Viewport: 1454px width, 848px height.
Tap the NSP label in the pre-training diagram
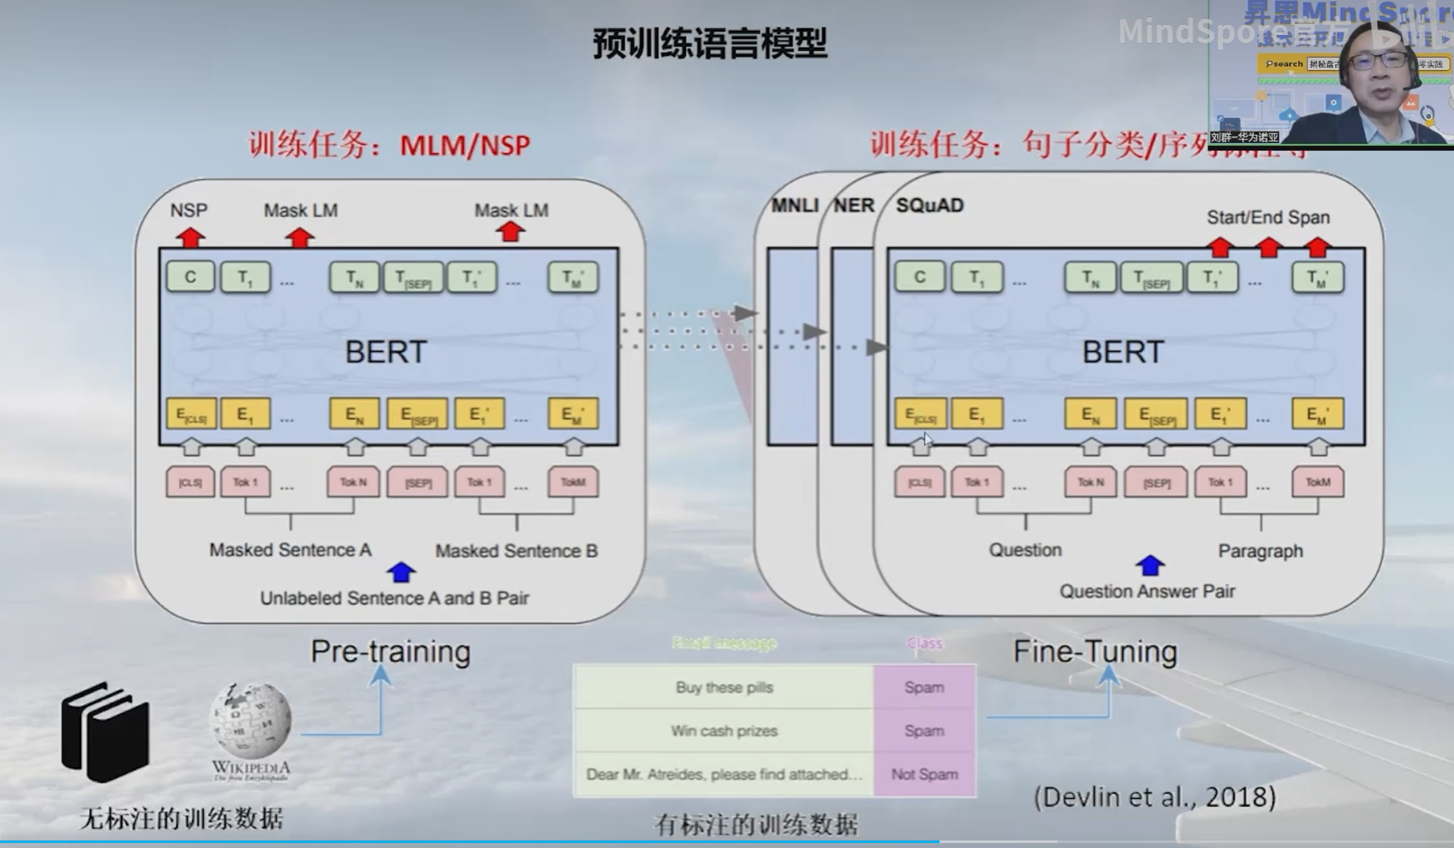coord(189,210)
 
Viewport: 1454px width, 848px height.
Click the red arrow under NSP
coord(191,238)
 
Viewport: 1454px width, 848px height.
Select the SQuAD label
coord(930,206)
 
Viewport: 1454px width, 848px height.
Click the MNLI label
coord(795,206)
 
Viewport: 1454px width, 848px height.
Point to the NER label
coord(853,206)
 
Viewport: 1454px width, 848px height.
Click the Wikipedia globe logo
coord(251,721)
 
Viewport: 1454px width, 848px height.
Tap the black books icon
coord(106,732)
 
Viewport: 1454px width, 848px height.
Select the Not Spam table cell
coord(924,774)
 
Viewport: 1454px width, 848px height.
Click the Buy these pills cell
coord(724,688)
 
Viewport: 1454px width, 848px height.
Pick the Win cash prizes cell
coord(724,731)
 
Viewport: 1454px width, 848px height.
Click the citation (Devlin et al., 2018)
coord(1155,797)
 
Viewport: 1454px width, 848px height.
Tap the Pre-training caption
coord(391,651)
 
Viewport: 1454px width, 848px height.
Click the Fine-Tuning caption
coord(1095,651)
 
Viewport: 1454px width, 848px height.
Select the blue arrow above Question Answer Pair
coord(1150,565)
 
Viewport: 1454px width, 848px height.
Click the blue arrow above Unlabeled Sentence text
coord(401,572)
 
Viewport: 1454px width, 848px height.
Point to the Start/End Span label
coord(1268,218)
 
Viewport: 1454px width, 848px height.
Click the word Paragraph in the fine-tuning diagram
coord(1260,551)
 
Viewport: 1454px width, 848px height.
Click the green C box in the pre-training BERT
coord(191,277)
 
